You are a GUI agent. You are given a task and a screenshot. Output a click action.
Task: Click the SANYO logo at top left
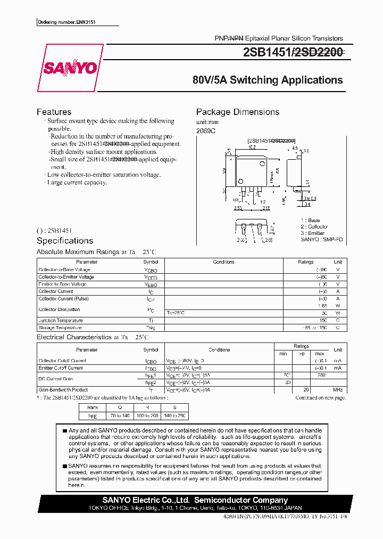tap(70, 68)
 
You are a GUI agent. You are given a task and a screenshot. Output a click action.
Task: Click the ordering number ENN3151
tap(70, 22)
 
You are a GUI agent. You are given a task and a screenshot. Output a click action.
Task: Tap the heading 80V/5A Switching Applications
tap(268, 80)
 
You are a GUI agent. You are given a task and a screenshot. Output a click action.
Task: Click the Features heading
tap(54, 112)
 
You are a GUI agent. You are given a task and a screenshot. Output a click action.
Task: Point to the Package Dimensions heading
tap(238, 112)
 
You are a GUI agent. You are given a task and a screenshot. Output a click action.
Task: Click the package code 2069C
tap(206, 130)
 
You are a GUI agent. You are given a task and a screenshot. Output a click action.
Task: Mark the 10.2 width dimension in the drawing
tap(252, 148)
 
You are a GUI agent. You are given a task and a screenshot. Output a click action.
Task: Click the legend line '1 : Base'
tap(310, 220)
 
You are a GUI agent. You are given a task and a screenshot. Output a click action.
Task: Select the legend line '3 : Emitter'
tap(313, 233)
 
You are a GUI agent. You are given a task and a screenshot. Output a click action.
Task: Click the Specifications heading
tap(65, 241)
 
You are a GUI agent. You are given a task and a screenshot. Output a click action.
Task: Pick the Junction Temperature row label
tap(61, 321)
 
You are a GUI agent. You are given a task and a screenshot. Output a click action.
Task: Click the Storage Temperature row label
tap(60, 328)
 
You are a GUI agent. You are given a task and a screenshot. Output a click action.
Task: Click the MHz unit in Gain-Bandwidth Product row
tap(337, 390)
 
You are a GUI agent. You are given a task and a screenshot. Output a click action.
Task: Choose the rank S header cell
tap(174, 407)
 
